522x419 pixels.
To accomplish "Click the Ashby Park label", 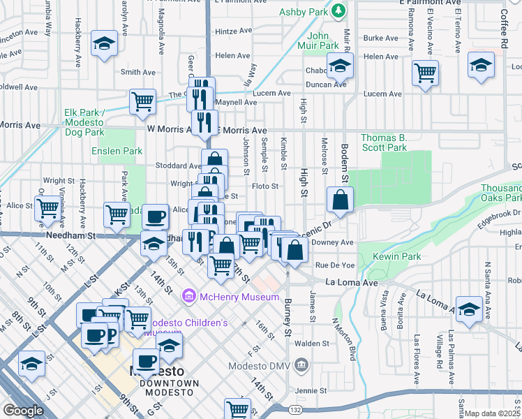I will [303, 11].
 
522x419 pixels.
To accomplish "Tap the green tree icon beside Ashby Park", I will [338, 10].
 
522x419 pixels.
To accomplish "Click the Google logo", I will [23, 410].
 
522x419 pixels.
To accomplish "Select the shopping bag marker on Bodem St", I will [339, 200].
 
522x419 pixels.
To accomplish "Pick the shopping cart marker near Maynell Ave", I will [142, 101].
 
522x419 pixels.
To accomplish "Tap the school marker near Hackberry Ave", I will [104, 45].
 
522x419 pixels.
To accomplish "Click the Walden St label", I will [312, 344].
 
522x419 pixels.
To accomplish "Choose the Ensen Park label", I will [117, 151].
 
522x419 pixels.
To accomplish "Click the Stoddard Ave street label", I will [179, 166].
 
